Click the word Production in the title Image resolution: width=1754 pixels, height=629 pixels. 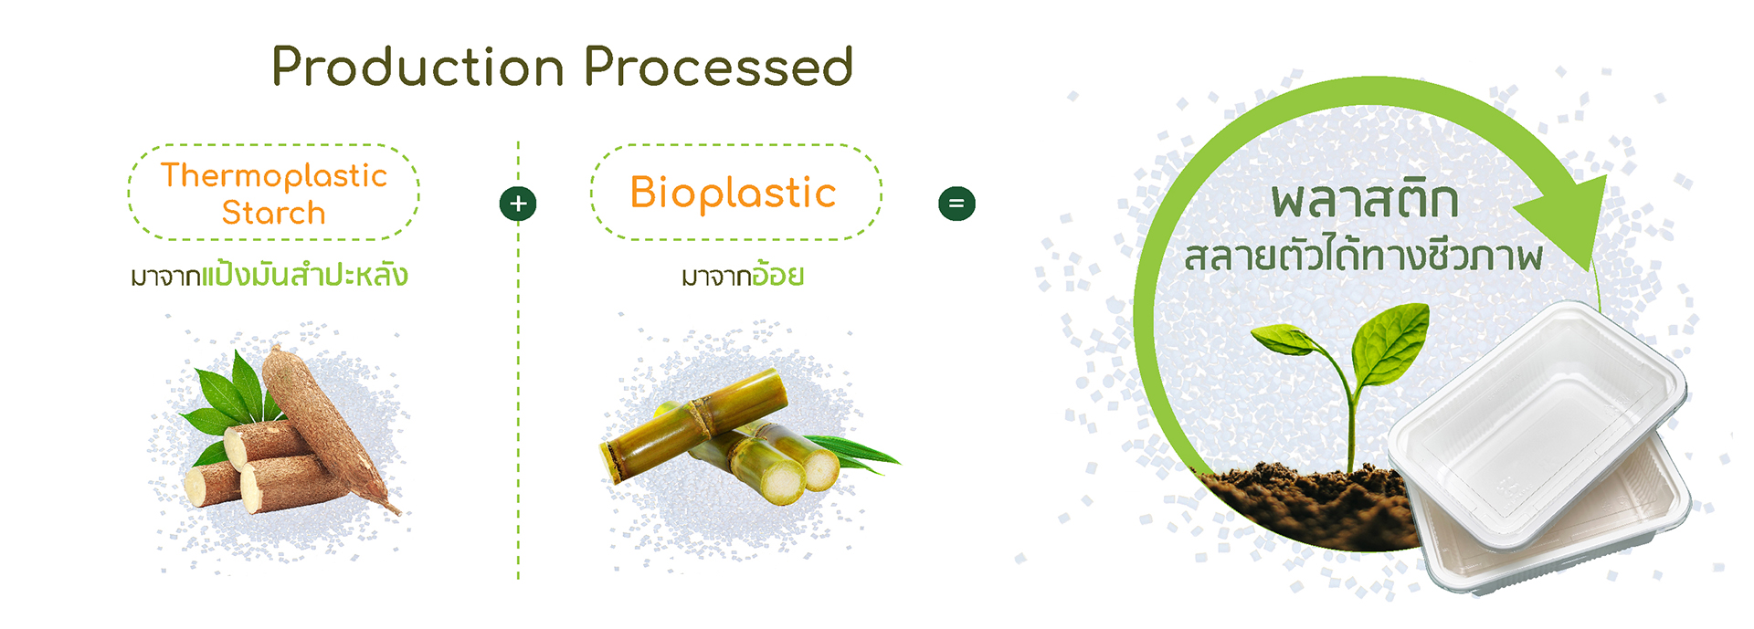coord(417,67)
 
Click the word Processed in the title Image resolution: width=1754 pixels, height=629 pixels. coord(718,67)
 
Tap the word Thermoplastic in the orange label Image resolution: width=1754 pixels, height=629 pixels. coord(274,175)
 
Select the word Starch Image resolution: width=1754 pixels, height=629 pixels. coord(274,213)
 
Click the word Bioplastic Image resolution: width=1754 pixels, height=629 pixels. coord(733,193)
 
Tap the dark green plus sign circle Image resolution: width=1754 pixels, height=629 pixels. coord(518,204)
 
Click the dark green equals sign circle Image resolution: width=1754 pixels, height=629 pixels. coord(956,204)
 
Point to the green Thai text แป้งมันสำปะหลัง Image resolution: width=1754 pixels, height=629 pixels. coord(304,274)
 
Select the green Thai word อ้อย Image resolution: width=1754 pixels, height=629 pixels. coord(777,274)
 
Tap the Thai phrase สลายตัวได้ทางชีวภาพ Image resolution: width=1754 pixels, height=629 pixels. coord(1364,256)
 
